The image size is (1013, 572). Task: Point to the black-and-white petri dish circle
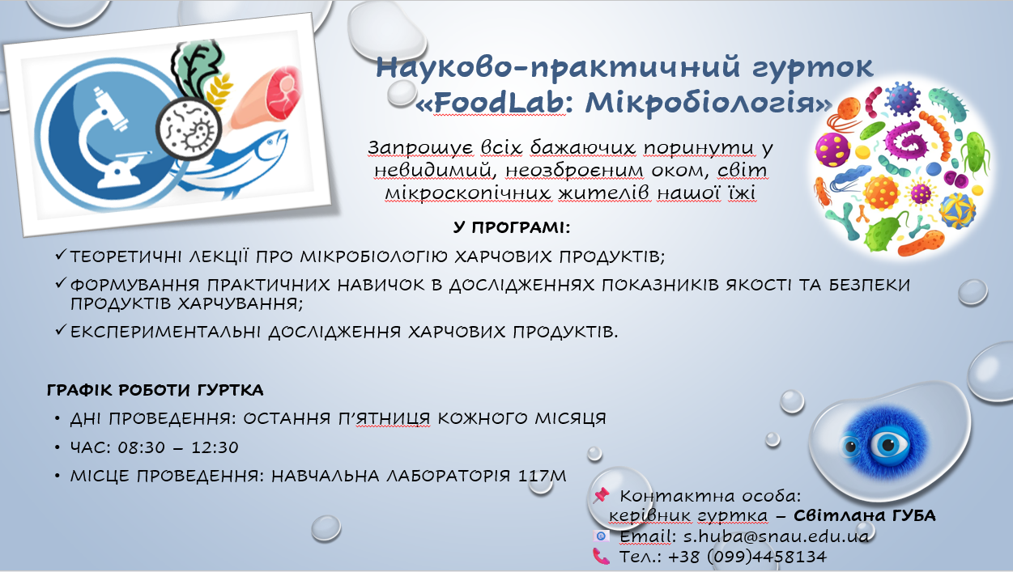point(189,128)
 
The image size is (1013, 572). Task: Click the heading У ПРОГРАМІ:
point(512,227)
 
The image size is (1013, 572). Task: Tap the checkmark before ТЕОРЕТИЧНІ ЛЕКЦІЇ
point(61,255)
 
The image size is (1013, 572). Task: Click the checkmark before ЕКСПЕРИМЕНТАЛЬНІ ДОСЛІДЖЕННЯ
point(61,330)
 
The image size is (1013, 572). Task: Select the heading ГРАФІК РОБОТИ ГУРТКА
point(155,390)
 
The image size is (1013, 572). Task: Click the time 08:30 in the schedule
point(142,447)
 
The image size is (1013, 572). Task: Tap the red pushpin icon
point(601,495)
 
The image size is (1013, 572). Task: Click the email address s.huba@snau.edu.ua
point(776,536)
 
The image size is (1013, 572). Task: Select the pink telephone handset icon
point(601,556)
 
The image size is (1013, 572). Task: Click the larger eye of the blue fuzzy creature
point(889,445)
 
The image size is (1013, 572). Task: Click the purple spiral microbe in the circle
point(905,142)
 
